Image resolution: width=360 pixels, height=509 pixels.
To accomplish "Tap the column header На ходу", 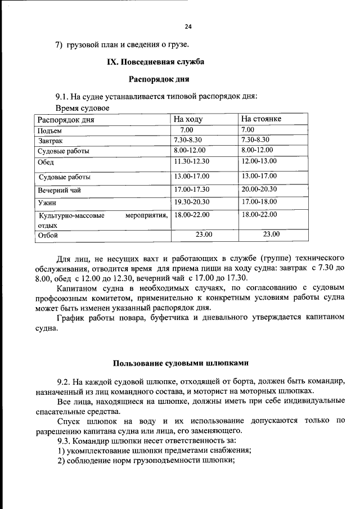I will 188,119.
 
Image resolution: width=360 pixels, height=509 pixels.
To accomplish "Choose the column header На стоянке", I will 261,119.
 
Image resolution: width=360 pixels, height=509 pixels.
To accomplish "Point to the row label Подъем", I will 49,130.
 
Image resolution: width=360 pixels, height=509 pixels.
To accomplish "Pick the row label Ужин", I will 47,203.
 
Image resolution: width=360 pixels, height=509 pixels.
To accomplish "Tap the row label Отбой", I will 48,236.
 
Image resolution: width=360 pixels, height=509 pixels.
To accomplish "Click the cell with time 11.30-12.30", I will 191,162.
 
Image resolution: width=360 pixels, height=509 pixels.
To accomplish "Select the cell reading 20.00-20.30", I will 259,190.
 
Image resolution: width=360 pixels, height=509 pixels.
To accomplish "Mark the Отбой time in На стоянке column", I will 271,235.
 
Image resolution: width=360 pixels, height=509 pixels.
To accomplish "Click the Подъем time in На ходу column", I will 187,130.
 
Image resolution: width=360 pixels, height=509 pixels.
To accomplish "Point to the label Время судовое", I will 82,107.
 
